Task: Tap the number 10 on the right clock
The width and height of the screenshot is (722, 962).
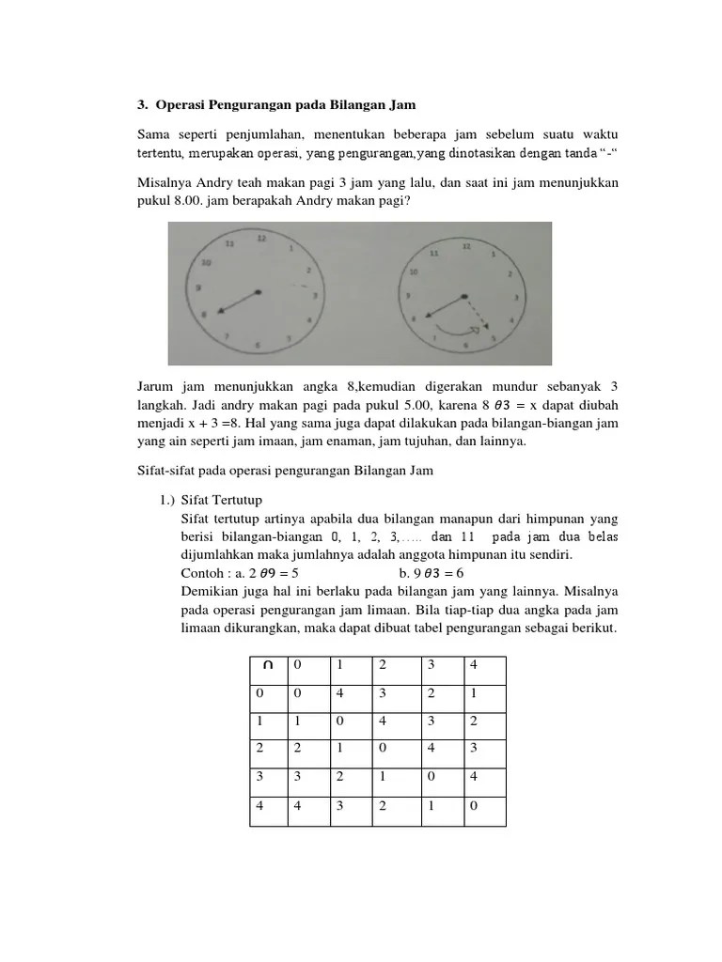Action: [x=411, y=272]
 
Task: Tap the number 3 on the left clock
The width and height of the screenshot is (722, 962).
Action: [x=315, y=295]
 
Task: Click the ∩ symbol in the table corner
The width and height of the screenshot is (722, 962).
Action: [x=269, y=665]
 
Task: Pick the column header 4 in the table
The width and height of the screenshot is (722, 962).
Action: [x=474, y=665]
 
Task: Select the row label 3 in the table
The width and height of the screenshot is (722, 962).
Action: [x=259, y=777]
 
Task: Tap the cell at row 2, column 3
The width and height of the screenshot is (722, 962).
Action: [x=432, y=749]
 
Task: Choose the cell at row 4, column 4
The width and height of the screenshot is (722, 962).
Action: [x=474, y=805]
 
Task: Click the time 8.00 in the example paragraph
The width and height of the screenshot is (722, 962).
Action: [x=189, y=200]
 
